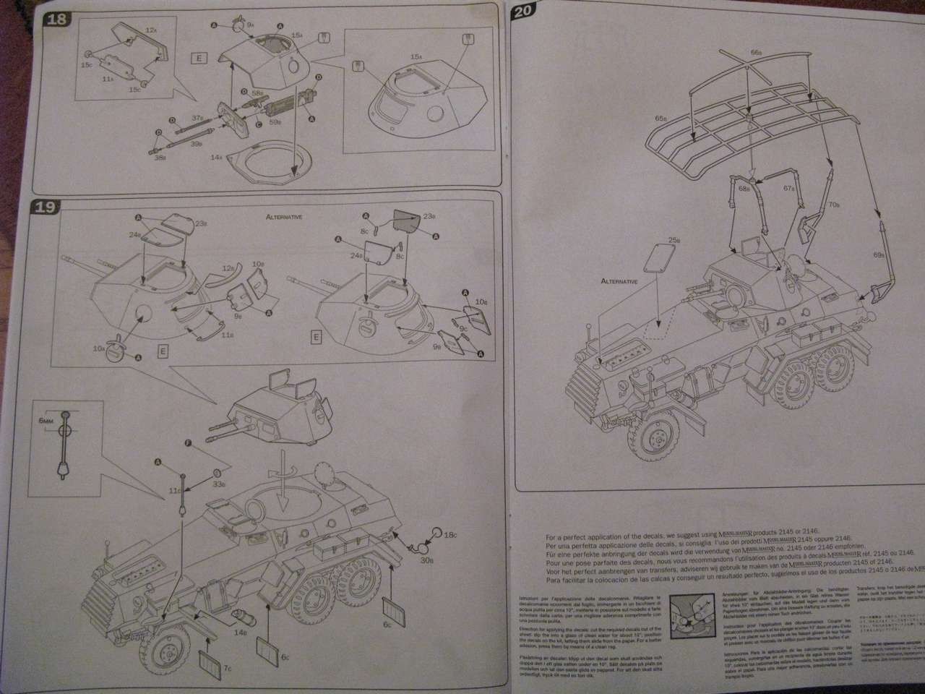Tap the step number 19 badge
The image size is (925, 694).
(x=46, y=207)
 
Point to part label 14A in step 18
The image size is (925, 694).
(x=215, y=156)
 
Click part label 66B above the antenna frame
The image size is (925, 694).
(x=756, y=52)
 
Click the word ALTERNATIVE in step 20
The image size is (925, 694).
(x=620, y=281)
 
